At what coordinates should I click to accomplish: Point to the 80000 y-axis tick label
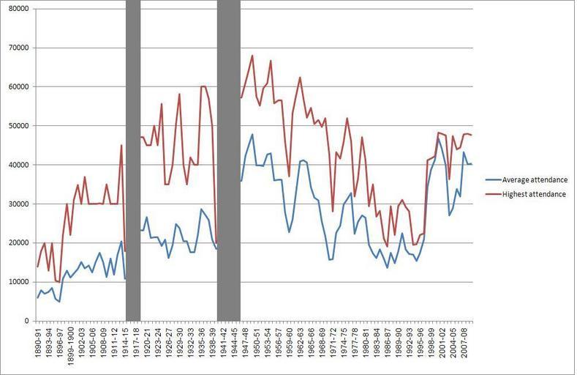[18, 9]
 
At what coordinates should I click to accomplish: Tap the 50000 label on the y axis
[18, 126]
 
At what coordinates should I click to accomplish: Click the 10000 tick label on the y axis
[18, 282]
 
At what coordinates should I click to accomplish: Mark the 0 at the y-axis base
[26, 321]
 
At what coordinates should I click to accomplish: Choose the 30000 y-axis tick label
[18, 204]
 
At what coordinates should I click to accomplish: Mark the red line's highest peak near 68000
[252, 55]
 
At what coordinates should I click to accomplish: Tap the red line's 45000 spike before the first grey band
[121, 145]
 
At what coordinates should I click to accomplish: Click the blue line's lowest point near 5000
[59, 301]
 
